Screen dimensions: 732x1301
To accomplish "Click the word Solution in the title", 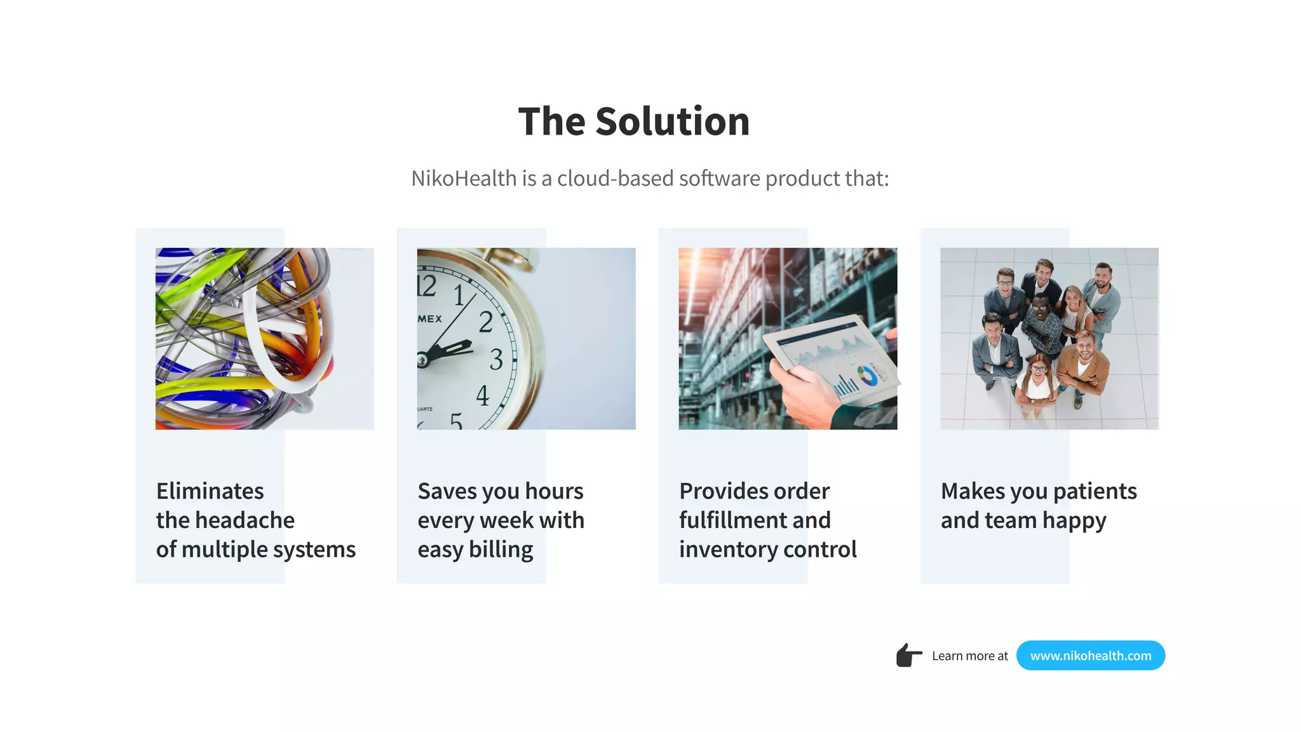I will pyautogui.click(x=672, y=121).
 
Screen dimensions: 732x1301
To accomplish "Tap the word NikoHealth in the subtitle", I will pyautogui.click(x=463, y=179).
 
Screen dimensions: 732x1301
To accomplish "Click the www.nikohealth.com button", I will pyautogui.click(x=1090, y=655).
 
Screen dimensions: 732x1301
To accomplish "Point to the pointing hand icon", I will pyautogui.click(x=908, y=655).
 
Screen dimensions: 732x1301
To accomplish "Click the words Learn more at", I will pyautogui.click(x=969, y=656).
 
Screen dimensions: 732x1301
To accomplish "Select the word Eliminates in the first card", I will pyautogui.click(x=210, y=491).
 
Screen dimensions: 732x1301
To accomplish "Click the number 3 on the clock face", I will pyautogui.click(x=496, y=360).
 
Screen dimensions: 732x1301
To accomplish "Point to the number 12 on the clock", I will pyautogui.click(x=426, y=286).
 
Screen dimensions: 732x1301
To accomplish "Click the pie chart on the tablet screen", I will pyautogui.click(x=867, y=376).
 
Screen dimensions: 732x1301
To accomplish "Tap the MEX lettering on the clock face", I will pyautogui.click(x=429, y=319).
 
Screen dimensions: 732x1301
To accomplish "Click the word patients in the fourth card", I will pyautogui.click(x=1095, y=491).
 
